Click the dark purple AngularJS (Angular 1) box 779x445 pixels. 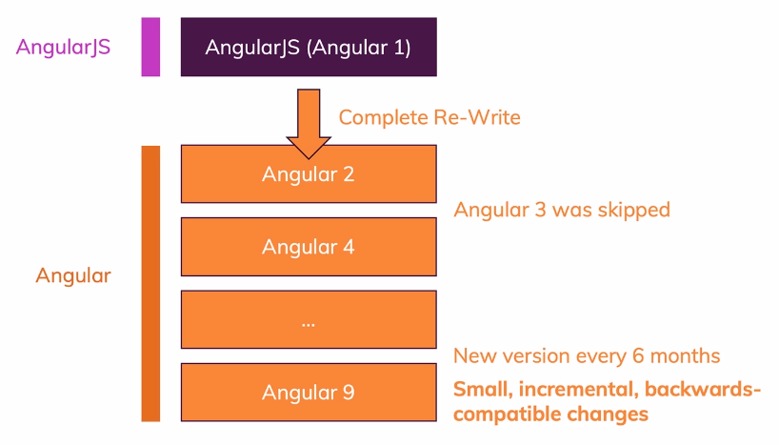(309, 47)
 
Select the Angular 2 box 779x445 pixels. (309, 174)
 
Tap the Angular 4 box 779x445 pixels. (309, 247)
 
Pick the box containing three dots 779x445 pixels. (309, 319)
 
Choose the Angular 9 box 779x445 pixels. (309, 393)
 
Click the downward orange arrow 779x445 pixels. (309, 124)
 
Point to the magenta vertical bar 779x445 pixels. (150, 47)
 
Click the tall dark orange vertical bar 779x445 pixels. (150, 283)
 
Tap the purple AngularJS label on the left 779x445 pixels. (63, 48)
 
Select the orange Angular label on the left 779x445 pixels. (73, 276)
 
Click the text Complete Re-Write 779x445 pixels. (429, 118)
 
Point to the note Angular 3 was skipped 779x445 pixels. (562, 211)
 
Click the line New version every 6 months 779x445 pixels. (587, 356)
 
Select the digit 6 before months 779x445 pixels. (638, 356)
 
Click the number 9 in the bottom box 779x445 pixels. (349, 393)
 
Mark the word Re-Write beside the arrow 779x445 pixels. (477, 118)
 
